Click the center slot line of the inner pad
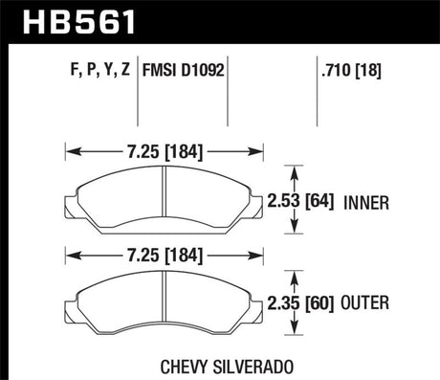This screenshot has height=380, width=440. (x=165, y=196)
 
